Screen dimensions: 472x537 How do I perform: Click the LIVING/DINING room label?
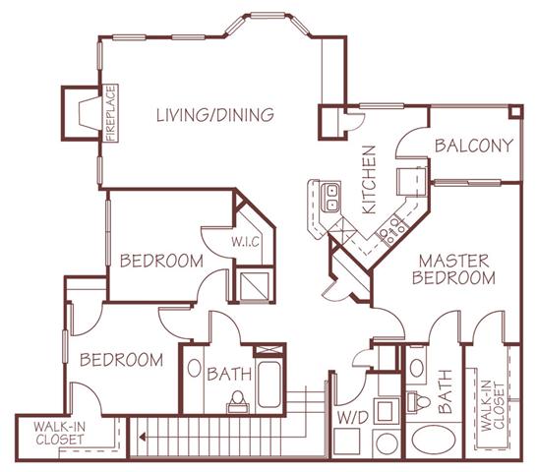[213, 116]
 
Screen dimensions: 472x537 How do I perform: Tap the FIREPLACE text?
[112, 114]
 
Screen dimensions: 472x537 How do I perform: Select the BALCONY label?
[475, 147]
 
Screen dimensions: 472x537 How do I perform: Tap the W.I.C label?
[244, 241]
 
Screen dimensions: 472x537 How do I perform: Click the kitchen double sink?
[332, 198]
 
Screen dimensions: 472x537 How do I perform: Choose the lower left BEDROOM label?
[121, 360]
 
